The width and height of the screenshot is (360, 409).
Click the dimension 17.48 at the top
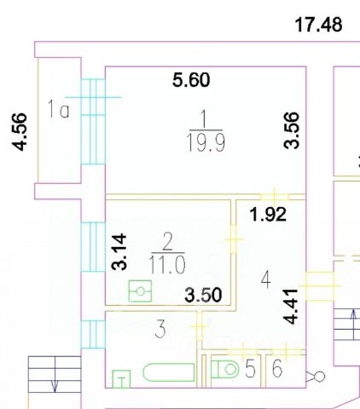[318, 25]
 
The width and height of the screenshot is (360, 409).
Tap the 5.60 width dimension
[191, 80]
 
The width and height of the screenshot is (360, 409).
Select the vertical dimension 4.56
[19, 131]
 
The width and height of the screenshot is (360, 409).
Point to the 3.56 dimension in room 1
[292, 130]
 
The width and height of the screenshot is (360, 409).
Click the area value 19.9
[206, 143]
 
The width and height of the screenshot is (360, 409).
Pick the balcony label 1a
[58, 109]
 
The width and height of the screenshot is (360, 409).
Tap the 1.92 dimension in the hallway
[268, 215]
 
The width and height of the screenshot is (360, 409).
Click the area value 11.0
[167, 265]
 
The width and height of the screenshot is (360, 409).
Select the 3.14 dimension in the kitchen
[119, 251]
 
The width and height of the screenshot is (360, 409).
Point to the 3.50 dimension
[203, 295]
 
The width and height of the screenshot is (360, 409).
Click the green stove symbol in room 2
[140, 291]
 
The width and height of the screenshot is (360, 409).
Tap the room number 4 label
[266, 279]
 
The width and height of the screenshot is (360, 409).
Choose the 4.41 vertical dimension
[291, 307]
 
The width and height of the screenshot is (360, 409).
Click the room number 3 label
[160, 329]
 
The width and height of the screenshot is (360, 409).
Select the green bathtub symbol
[169, 372]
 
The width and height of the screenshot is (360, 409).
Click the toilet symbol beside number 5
[225, 369]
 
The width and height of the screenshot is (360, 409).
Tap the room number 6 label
[277, 368]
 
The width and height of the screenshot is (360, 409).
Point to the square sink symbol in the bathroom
[121, 379]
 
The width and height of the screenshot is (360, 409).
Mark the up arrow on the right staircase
[353, 325]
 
